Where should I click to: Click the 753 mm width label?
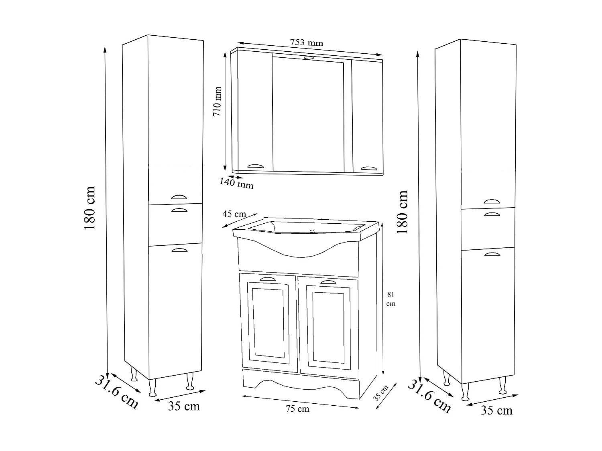(x=306, y=42)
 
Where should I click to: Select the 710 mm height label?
(x=218, y=101)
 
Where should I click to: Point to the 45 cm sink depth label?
(x=234, y=214)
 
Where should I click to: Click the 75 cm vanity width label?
(x=297, y=409)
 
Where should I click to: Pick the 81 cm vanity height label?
(x=390, y=299)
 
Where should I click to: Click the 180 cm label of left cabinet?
(x=89, y=208)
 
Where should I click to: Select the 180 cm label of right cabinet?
(x=402, y=212)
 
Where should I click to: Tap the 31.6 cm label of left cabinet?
(x=116, y=391)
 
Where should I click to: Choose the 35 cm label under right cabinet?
(x=496, y=411)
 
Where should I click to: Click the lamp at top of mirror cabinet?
(x=309, y=59)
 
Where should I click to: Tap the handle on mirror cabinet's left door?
(x=256, y=166)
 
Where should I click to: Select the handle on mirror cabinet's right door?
(x=369, y=168)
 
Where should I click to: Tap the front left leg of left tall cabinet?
(x=152, y=388)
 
